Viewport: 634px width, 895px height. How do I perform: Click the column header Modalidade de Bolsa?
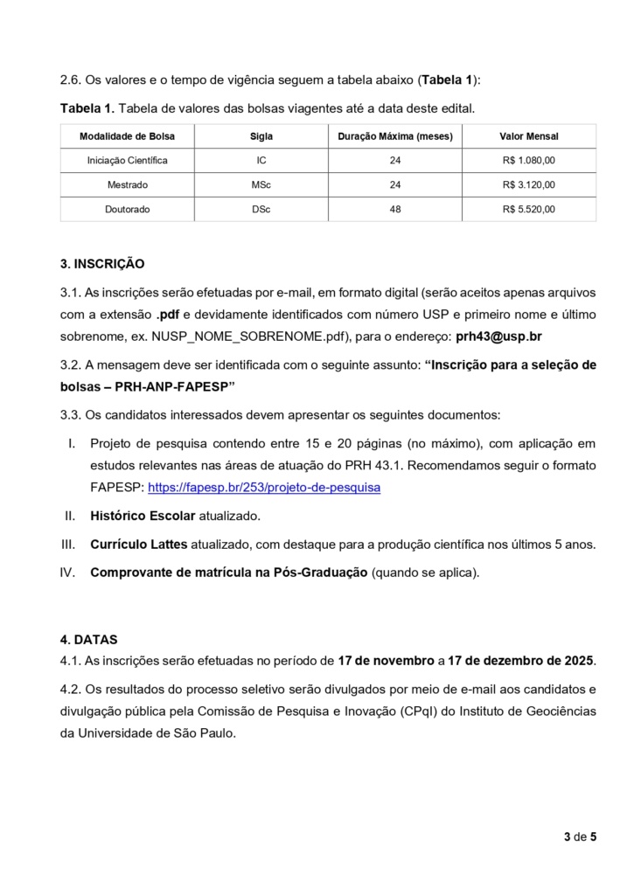(127, 136)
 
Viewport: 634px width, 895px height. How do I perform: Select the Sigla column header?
(261, 136)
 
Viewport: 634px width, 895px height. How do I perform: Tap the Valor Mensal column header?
(528, 136)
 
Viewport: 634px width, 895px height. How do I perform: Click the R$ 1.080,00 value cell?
(528, 161)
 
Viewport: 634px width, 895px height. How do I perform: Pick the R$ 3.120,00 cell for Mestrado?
(528, 185)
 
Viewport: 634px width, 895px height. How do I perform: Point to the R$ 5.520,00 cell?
(528, 210)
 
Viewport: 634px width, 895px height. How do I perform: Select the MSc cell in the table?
(261, 185)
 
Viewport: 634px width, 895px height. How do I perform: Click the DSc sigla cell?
(261, 210)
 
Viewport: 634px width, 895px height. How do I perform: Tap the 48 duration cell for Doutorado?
(395, 210)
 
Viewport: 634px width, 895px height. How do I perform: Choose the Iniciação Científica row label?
(127, 161)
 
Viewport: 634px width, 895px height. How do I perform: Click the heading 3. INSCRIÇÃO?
(101, 263)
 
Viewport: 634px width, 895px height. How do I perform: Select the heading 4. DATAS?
(88, 640)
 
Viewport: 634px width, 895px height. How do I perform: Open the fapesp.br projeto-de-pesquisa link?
(264, 488)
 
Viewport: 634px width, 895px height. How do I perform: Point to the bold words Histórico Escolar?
(143, 516)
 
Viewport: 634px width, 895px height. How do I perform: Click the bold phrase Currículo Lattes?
(138, 545)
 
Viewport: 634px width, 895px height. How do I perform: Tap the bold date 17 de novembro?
(386, 660)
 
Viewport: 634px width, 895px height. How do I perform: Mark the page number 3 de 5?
(580, 837)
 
